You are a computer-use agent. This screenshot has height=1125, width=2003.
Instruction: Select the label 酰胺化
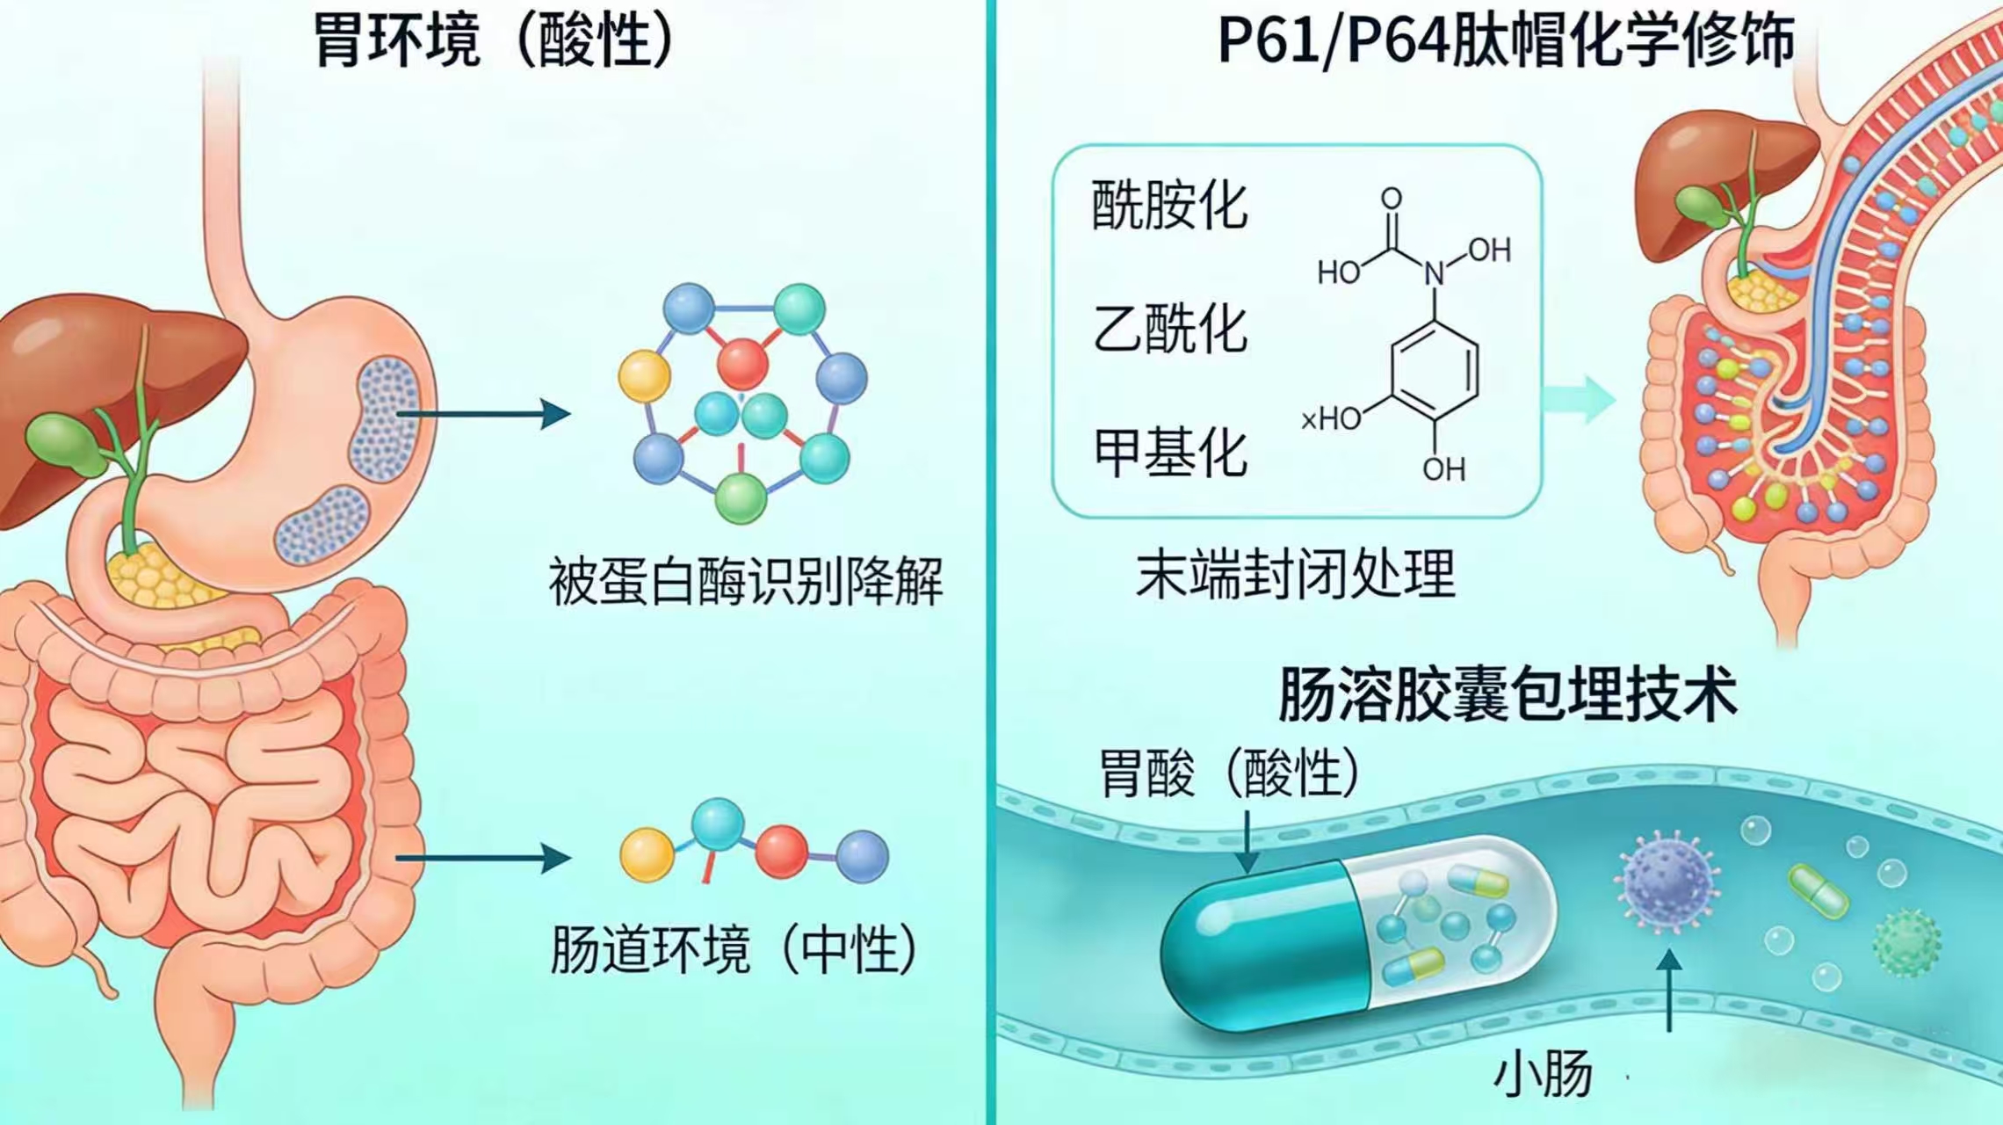(x=1169, y=206)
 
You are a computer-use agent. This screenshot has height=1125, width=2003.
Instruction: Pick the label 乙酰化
(x=1169, y=330)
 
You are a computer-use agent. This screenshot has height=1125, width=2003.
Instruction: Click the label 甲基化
(x=1169, y=453)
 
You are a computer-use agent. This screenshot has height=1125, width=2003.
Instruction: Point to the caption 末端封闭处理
(x=1296, y=575)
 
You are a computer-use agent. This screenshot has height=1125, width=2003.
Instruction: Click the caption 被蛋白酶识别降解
(x=745, y=581)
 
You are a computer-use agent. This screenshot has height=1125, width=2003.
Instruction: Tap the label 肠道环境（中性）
(x=734, y=950)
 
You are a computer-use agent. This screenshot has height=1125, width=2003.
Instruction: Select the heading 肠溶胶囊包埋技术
(x=1508, y=694)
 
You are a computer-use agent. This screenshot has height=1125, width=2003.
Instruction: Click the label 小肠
(x=1544, y=1074)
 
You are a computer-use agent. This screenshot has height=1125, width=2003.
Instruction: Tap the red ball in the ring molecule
(x=742, y=363)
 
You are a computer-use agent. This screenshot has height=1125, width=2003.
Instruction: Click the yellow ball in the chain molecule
(x=647, y=854)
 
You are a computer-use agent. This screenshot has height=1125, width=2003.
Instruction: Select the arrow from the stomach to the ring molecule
(x=483, y=413)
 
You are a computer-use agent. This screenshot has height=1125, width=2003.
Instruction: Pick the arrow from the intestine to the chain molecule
(x=483, y=858)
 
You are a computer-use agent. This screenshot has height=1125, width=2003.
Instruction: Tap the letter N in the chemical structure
(x=1435, y=273)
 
